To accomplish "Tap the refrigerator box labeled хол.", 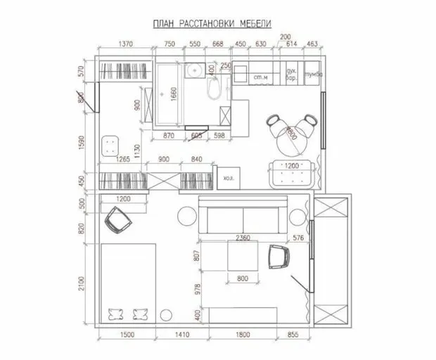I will [228, 179].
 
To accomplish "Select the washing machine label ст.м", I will [259, 76].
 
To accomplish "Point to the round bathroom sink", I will [193, 70].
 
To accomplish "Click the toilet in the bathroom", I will [217, 87].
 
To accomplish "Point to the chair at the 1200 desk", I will [118, 223].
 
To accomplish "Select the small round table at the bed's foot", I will [167, 314].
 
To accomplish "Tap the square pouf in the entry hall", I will [110, 145].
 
